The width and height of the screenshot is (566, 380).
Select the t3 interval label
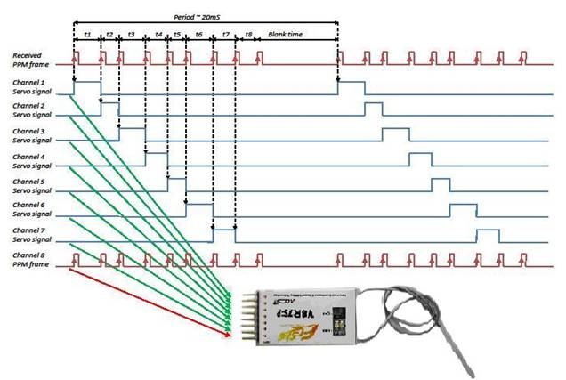131,34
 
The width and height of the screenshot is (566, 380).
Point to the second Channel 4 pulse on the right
419,160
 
